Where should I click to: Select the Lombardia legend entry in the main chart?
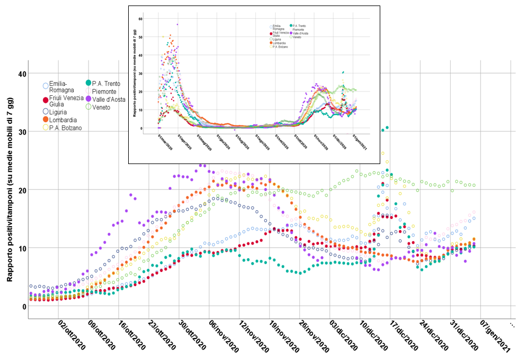coord(62,119)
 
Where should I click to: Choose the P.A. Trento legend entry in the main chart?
coord(106,84)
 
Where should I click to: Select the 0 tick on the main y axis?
coord(23,307)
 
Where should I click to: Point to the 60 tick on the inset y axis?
coord(141,19)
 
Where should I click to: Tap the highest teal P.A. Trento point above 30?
coord(387,127)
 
